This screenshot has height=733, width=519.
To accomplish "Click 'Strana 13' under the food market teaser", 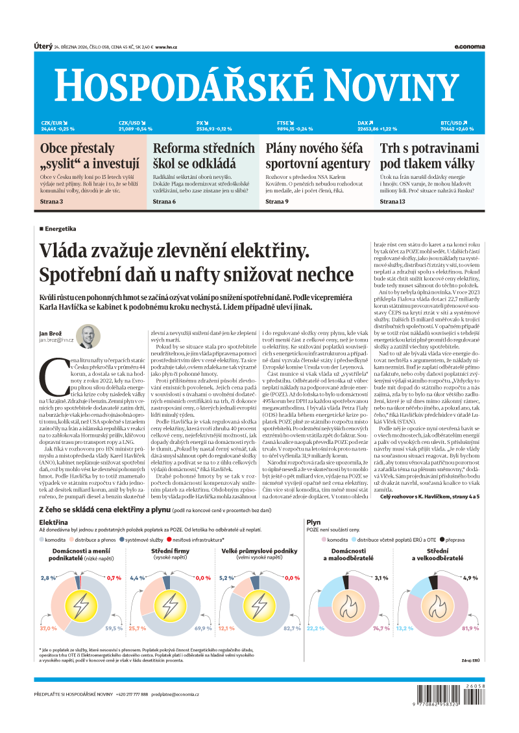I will click(392, 202).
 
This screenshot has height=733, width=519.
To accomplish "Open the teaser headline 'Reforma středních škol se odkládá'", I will click(204, 156).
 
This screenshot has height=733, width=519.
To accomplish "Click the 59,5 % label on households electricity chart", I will click(114, 628).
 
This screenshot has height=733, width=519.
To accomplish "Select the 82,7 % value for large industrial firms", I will click(293, 628).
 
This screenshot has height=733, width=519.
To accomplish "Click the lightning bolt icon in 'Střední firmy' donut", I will click(170, 605).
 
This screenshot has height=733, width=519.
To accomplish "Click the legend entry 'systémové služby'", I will click(143, 557).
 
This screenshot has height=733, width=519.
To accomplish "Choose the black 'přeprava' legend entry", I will click(452, 557).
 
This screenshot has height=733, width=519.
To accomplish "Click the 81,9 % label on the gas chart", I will click(470, 628).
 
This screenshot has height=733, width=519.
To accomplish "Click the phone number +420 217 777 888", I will click(132, 695).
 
